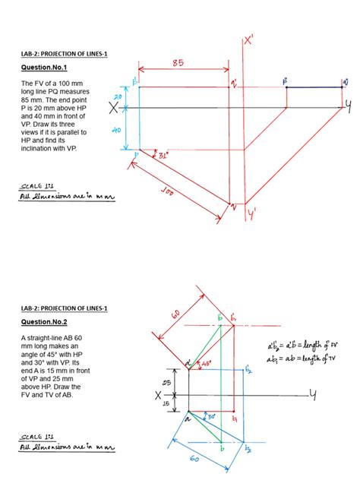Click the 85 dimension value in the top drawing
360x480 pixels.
pyautogui.click(x=178, y=63)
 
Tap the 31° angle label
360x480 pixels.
pyautogui.click(x=160, y=156)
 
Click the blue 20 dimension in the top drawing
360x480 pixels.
pyautogui.click(x=118, y=96)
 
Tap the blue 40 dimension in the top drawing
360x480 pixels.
pyautogui.click(x=118, y=130)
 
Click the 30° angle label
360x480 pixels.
pyautogui.click(x=211, y=417)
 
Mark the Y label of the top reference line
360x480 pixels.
pyautogui.click(x=349, y=108)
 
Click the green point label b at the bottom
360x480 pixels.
pyautogui.click(x=221, y=450)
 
